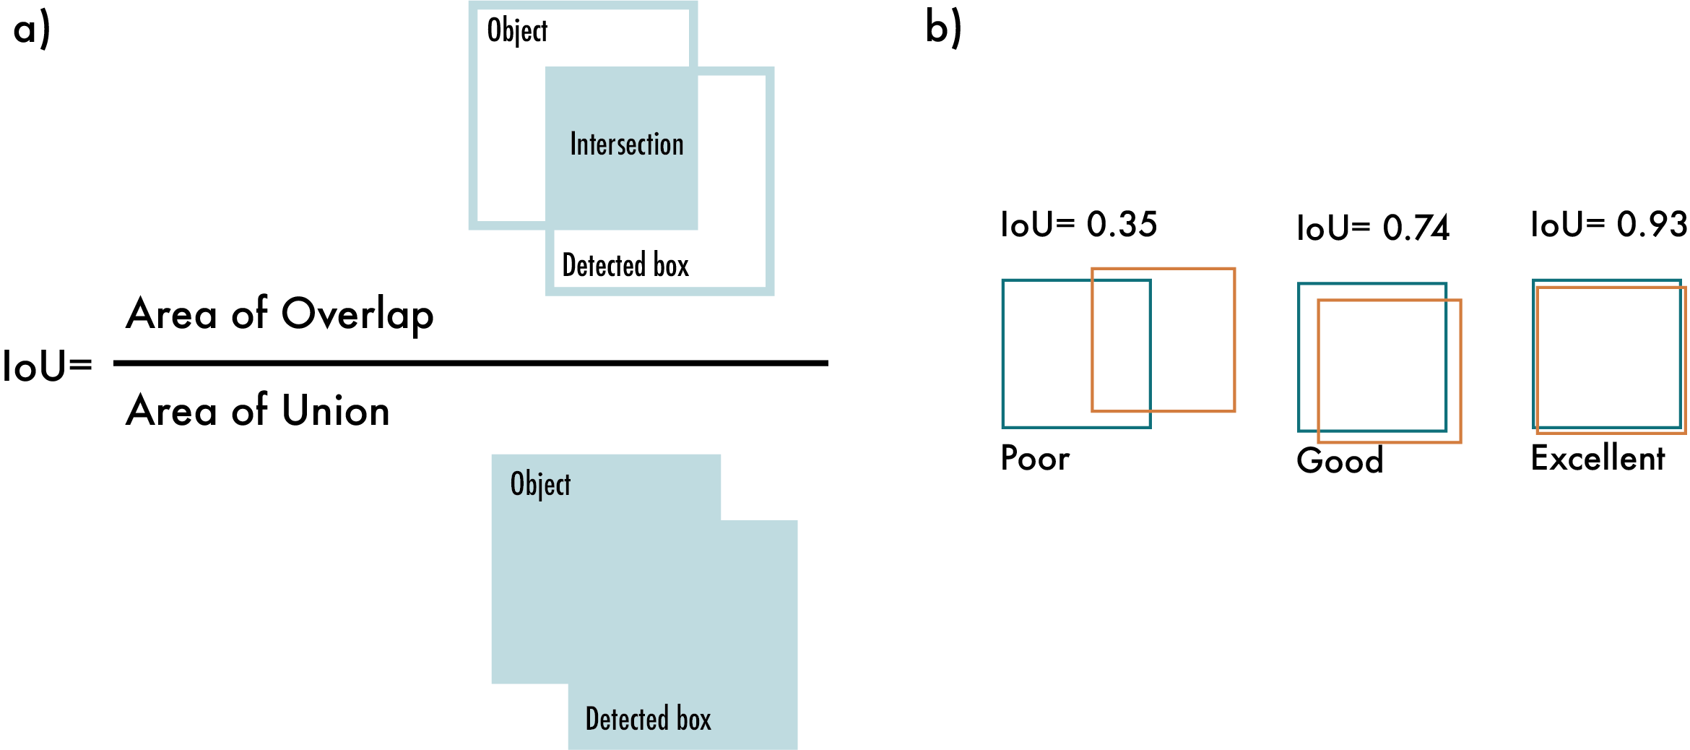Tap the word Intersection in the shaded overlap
click(x=626, y=145)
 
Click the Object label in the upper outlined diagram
click(x=517, y=31)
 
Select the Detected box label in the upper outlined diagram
click(x=625, y=265)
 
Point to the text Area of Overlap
click(x=279, y=315)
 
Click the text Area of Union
click(x=258, y=410)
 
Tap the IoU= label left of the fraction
click(x=48, y=366)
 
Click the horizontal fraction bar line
click(x=470, y=363)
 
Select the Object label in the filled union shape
click(x=540, y=484)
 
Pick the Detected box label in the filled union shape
click(x=648, y=719)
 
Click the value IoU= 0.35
click(x=1078, y=225)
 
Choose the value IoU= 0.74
click(x=1372, y=228)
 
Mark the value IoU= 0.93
click(x=1608, y=225)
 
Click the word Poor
click(x=1035, y=458)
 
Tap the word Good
click(x=1340, y=461)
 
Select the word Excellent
click(x=1598, y=458)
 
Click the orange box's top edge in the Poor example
click(x=1163, y=270)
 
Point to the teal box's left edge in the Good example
click(x=1299, y=357)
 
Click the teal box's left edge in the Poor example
click(x=1003, y=353)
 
